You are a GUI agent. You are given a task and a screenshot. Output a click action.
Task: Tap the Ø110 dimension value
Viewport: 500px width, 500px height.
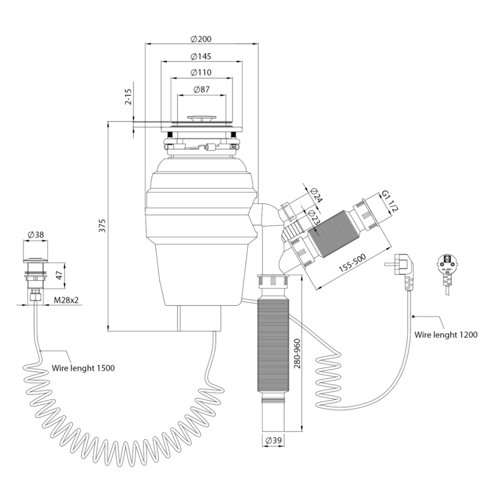tap(201, 72)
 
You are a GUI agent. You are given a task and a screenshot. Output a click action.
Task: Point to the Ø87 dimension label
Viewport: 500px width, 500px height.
tap(201, 89)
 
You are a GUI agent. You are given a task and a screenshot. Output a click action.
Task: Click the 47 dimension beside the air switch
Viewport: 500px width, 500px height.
tap(59, 275)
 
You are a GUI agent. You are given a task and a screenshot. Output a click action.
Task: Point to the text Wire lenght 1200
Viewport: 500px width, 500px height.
tap(445, 335)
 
